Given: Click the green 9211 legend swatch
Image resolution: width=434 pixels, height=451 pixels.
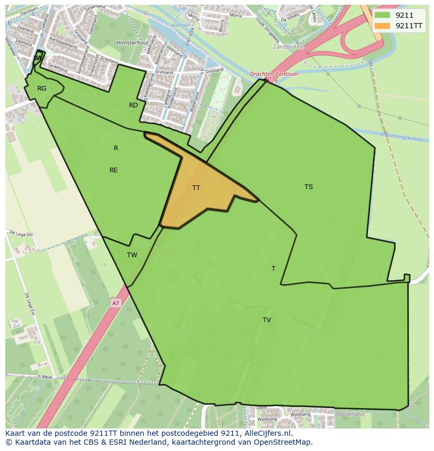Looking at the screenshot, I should click(x=382, y=15).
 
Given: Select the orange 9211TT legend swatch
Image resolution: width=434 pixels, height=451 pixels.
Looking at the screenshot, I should click(x=382, y=26).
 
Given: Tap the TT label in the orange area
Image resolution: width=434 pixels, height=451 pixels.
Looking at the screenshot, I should click(x=196, y=188).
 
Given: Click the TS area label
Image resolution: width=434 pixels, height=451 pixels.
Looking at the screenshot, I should click(x=309, y=186).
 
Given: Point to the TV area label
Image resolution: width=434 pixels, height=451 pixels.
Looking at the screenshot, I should click(x=267, y=320).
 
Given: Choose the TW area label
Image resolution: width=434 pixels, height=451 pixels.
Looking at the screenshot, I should click(x=132, y=255).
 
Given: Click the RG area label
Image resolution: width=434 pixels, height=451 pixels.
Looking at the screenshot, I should click(x=42, y=89).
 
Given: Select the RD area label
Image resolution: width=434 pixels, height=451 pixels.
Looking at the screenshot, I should click(x=134, y=105).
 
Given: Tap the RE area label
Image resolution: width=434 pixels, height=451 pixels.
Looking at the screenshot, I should click(x=114, y=170).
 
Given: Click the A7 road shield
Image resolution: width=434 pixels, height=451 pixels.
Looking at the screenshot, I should click(x=115, y=303).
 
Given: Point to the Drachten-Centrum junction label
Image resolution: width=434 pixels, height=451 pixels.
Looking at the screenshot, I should click(x=274, y=74).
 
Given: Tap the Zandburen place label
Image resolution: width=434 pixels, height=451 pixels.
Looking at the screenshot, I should click(x=288, y=47).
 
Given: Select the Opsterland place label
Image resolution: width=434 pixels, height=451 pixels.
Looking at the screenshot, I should click(x=351, y=414).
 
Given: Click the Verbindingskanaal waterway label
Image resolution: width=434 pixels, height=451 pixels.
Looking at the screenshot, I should click(x=403, y=138).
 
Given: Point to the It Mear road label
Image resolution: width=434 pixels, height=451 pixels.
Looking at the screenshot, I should click(x=46, y=376).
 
